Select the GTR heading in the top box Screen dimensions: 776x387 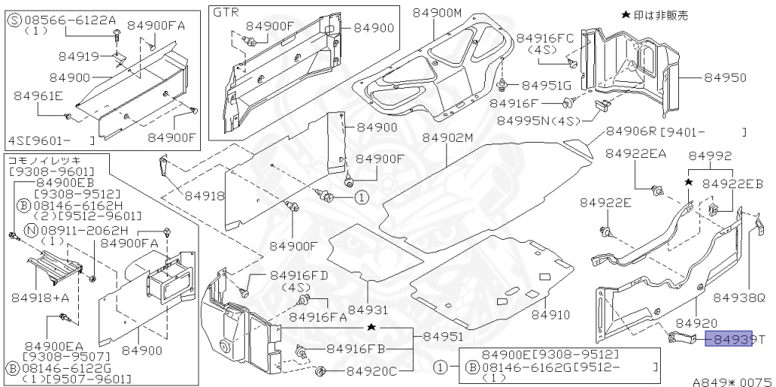pos(225,14)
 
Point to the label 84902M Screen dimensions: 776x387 pos(447,138)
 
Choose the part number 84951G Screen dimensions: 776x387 pos(546,85)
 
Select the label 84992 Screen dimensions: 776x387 pos(710,156)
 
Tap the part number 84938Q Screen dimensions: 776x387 pos(740,297)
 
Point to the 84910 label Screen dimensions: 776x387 pos(550,313)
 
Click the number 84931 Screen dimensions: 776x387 pos(368,310)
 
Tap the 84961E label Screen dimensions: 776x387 pos(38,96)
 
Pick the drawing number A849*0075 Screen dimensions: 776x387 pos(731,382)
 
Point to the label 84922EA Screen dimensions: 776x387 pos(636,154)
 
